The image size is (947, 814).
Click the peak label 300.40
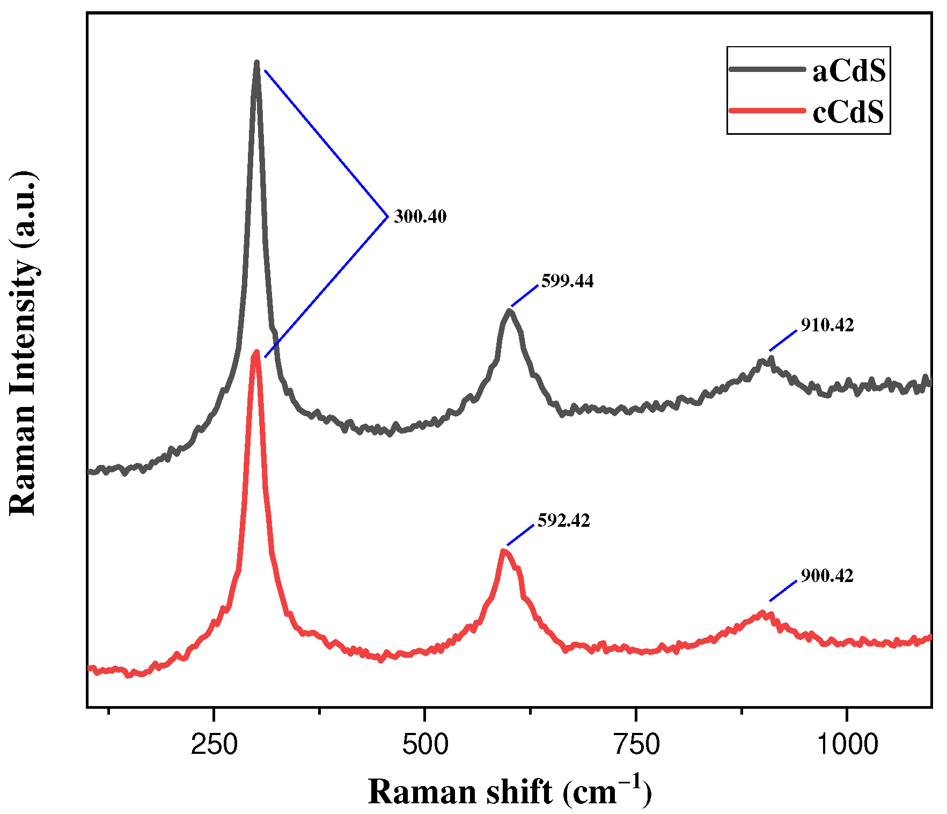click(x=420, y=217)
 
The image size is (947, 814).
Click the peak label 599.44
click(x=567, y=281)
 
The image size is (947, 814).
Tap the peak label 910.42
click(x=827, y=325)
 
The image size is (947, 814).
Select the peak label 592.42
click(x=563, y=521)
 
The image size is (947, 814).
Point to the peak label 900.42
click(x=827, y=576)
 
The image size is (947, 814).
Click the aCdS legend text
click(x=849, y=71)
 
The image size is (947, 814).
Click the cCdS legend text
click(x=848, y=112)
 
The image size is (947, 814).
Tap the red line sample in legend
click(x=767, y=111)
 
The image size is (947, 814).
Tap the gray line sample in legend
click(x=767, y=69)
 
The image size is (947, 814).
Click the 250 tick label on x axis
click(x=214, y=745)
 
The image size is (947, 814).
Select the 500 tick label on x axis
click(x=425, y=745)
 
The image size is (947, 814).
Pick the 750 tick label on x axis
click(x=636, y=745)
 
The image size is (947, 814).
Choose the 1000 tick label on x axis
click(x=846, y=745)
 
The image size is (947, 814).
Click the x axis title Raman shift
click(x=509, y=792)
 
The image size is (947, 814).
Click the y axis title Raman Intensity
click(x=23, y=344)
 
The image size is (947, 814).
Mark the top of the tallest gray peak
click(x=256, y=63)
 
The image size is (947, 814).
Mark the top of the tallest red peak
click(x=256, y=352)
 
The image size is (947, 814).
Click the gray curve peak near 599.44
click(x=510, y=311)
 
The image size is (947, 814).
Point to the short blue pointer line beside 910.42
click(x=783, y=340)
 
